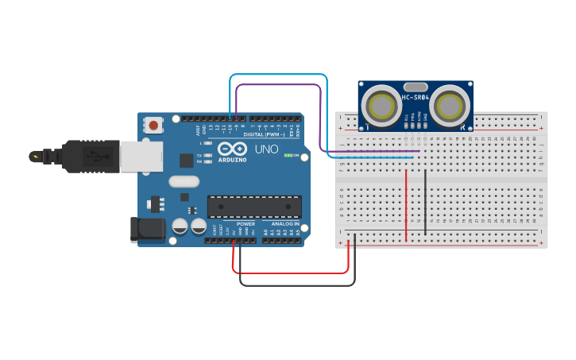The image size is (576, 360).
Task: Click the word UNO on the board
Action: tap(266, 149)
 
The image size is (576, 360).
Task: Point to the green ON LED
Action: tap(288, 155)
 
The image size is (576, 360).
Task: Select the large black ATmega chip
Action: tap(254, 207)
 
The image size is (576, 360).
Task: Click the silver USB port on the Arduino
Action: tap(141, 156)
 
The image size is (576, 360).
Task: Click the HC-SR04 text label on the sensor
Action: tap(416, 98)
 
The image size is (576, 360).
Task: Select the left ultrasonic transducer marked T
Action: tap(381, 106)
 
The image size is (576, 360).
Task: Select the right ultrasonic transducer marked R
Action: tap(450, 106)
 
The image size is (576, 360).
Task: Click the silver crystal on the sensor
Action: tap(416, 86)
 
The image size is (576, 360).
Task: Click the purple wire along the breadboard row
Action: tap(373, 151)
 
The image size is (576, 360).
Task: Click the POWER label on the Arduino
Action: tap(245, 224)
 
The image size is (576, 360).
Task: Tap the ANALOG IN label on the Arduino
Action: tap(284, 224)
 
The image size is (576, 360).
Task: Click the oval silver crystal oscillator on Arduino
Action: tap(184, 181)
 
